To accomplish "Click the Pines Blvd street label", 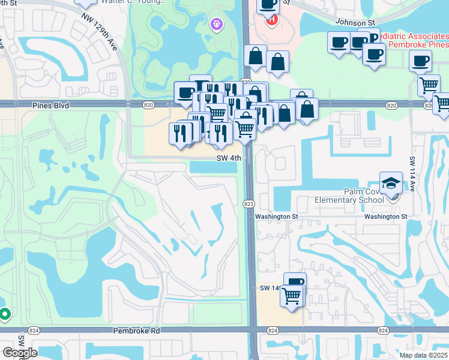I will pyautogui.click(x=51, y=105).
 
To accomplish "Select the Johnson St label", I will pyautogui.click(x=355, y=22).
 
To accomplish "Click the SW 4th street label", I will pyautogui.click(x=229, y=158).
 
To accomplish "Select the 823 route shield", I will pyautogui.click(x=249, y=204).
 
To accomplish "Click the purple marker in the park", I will pyautogui.click(x=217, y=25).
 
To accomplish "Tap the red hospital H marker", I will pyautogui.click(x=271, y=19).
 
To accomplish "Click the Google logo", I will pyautogui.click(x=19, y=352).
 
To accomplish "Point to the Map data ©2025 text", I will pyautogui.click(x=423, y=355).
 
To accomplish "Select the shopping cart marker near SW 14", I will pyautogui.click(x=291, y=296).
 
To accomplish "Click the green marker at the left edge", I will pyautogui.click(x=4, y=313).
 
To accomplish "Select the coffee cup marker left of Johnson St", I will pyautogui.click(x=268, y=5).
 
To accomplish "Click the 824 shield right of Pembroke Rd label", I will pyautogui.click(x=273, y=331).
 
